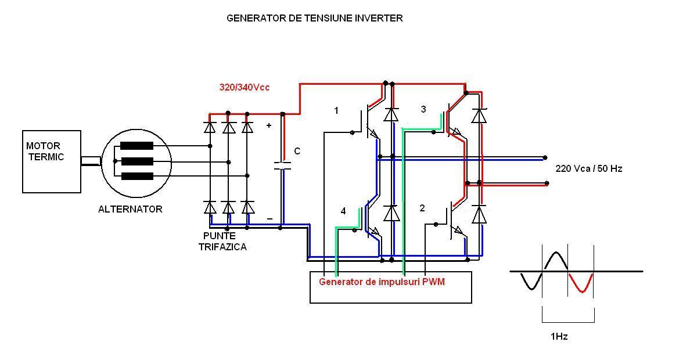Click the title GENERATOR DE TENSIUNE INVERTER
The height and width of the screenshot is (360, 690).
(314, 18)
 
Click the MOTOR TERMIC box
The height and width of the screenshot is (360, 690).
(51, 161)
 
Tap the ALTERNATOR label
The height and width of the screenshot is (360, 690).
(130, 209)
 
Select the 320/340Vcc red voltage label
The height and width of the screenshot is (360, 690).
(244, 87)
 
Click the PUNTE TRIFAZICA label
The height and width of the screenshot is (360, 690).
(222, 242)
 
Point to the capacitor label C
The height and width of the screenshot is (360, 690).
(297, 152)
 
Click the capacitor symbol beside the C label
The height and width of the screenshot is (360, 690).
(282, 165)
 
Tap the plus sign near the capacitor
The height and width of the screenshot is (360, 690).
(268, 125)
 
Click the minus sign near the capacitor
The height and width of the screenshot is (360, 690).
(269, 218)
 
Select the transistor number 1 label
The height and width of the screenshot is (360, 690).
(336, 110)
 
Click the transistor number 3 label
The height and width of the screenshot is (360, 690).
(423, 109)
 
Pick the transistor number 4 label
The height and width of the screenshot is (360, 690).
(343, 211)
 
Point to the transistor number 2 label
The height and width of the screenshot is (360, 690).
(422, 208)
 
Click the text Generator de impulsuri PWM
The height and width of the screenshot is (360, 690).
(382, 282)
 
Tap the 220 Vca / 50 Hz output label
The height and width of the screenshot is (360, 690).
(589, 168)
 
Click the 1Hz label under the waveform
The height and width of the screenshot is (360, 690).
(559, 336)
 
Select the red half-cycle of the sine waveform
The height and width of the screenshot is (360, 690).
(580, 283)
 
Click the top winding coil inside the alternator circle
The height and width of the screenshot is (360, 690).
(136, 146)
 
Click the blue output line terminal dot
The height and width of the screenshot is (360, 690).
(545, 157)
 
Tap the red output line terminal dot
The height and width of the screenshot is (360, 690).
(547, 183)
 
